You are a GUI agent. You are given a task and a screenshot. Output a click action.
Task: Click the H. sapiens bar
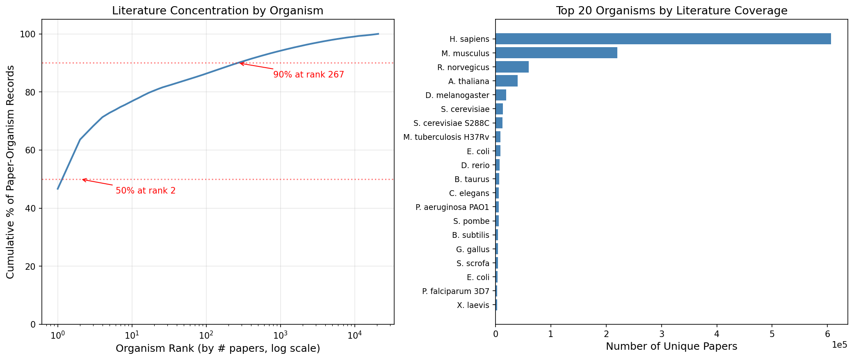[663, 39]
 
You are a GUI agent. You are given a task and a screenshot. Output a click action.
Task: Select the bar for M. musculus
[556, 53]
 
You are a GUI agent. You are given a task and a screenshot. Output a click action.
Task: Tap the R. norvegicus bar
[512, 67]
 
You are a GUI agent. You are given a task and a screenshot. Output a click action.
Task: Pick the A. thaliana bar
[506, 81]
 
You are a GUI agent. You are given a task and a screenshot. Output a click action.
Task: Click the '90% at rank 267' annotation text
[308, 75]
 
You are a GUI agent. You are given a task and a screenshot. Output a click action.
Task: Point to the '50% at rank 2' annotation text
[146, 191]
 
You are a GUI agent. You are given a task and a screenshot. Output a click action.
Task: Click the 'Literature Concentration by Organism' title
[217, 11]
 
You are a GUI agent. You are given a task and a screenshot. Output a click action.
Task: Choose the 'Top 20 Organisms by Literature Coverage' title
[671, 11]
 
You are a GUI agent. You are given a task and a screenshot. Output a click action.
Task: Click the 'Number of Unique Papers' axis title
[671, 347]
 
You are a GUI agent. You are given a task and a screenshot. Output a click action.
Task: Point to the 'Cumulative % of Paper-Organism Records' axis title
[11, 172]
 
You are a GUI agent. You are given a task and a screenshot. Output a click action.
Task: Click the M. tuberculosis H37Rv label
[446, 137]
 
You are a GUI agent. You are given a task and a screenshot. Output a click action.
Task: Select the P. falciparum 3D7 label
[456, 291]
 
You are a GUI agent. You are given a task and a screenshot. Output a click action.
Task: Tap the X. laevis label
[473, 305]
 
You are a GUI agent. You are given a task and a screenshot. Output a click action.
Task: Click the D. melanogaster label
[457, 95]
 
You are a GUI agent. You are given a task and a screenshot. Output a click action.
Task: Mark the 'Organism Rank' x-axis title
[217, 349]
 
